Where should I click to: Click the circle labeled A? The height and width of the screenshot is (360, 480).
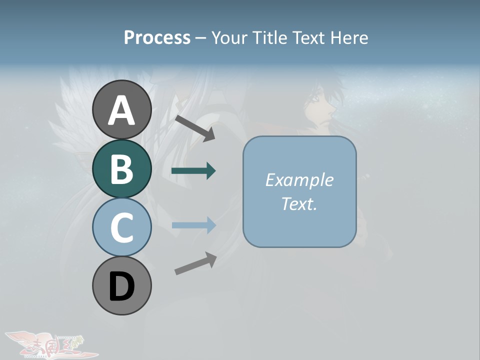pos(121,109)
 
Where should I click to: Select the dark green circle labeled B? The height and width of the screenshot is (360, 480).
pos(121,168)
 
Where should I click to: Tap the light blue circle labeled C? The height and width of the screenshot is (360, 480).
pos(121,227)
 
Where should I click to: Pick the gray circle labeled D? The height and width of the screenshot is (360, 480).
pos(121,285)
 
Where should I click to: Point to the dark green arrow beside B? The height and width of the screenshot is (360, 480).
pos(193,171)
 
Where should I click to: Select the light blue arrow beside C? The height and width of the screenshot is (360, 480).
pos(193,225)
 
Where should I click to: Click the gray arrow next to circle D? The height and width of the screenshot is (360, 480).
pos(195,263)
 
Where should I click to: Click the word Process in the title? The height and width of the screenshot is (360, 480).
pos(157,37)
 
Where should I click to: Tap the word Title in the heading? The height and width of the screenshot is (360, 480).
pos(269,37)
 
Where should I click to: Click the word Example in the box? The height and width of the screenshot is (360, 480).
pos(299,180)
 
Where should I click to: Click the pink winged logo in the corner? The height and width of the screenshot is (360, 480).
pos(50,345)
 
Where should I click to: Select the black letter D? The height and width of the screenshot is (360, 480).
pos(121,287)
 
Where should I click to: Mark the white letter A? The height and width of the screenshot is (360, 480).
pos(121,110)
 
